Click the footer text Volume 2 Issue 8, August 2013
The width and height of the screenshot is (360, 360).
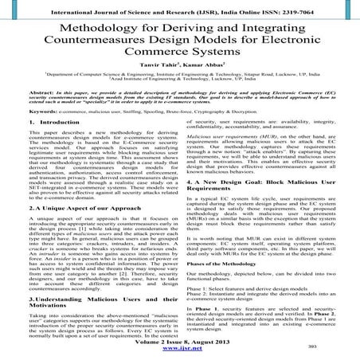[x=179, y=339]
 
